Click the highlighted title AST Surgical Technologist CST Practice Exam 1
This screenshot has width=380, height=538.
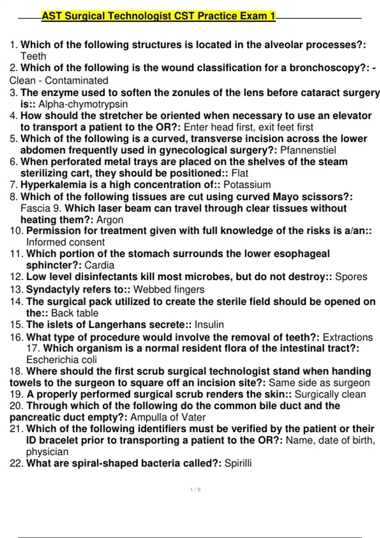pos(158,16)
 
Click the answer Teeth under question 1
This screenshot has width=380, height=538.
pos(33,56)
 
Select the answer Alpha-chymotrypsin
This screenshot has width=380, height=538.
pos(83,104)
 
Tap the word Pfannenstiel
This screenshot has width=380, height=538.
pos(308,150)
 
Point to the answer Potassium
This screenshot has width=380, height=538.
pos(247,185)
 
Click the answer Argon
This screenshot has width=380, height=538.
pos(110,220)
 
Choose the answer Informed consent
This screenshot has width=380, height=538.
pos(65,242)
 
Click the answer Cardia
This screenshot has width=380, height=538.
pos(99,265)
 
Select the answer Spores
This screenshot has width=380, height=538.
pos(351,277)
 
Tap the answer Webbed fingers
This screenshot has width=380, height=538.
pos(169,289)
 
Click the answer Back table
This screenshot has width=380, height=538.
pos(74,313)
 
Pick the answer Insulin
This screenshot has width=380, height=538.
pos(209,325)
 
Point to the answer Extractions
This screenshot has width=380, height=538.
pos(348,337)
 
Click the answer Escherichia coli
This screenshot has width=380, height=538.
pos(61,360)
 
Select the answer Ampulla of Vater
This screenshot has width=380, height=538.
pos(168,417)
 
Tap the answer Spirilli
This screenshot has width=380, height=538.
pos(238,463)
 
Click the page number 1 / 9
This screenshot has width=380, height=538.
pos(195,490)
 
